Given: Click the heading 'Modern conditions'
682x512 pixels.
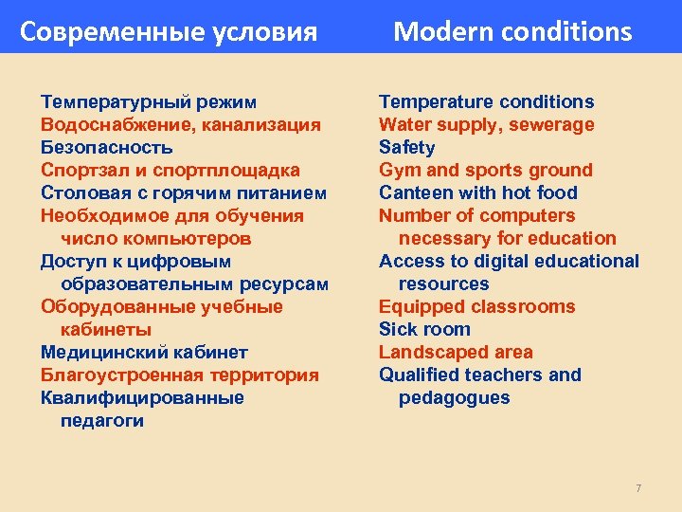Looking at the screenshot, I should point(511,32).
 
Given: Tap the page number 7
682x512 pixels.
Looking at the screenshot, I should point(638,488).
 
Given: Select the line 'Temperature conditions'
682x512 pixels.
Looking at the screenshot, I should point(486,101).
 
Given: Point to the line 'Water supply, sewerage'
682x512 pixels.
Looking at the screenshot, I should point(486,124).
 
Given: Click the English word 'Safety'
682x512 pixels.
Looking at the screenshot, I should point(406,147).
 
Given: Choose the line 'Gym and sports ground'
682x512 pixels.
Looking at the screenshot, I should point(485,170).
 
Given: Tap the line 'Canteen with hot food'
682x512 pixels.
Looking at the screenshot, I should point(477,192).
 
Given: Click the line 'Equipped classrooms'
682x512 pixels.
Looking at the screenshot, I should point(476,306).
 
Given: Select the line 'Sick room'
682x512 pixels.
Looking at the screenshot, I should point(424,329).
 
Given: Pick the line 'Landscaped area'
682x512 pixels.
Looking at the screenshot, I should point(456,352).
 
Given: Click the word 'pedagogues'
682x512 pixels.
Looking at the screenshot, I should point(454,397).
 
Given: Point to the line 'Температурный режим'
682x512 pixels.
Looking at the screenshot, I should point(149,101).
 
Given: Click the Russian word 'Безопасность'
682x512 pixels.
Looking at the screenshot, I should point(106,147).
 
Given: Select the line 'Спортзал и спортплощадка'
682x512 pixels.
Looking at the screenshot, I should point(170,170).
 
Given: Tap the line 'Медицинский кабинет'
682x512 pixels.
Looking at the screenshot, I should point(144,352).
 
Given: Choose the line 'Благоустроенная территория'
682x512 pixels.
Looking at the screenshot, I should point(179,375).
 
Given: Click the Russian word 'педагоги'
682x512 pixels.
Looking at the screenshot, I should point(102,420).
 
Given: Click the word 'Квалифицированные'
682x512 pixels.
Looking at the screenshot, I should point(142,397).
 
